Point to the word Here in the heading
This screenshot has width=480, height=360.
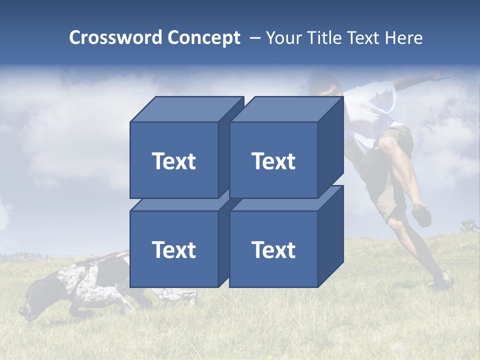pos(404,38)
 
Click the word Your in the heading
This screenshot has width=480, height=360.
pos(284,38)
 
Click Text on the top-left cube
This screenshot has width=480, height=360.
pos(173,161)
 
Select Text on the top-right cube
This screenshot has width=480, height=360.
pos(273,161)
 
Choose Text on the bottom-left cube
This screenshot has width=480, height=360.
pos(173,249)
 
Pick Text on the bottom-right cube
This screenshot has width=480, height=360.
pos(273,249)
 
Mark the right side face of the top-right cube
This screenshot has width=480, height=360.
pos(330,147)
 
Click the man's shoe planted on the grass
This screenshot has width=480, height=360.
pos(441,281)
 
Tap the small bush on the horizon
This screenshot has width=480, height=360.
pos(469,227)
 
